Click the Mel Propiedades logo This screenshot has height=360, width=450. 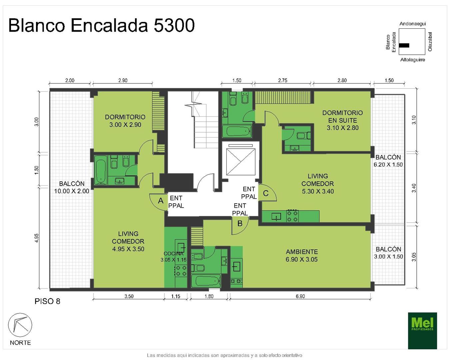click(422, 331)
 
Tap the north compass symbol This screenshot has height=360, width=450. click(20, 325)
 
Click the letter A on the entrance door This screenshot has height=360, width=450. click(161, 201)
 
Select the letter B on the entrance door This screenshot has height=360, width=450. click(240, 223)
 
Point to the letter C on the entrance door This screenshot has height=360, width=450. click(266, 193)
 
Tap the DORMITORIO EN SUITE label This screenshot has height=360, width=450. click(343, 120)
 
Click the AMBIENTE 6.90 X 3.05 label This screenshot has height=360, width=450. click(302, 255)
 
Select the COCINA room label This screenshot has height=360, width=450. click(173, 254)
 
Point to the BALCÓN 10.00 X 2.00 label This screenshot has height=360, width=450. click(72, 187)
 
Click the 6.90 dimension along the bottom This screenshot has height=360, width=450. click(300, 296)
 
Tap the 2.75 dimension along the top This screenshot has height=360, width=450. click(283, 80)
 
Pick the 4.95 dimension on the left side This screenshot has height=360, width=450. click(37, 238)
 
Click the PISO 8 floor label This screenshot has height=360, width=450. click(47, 301)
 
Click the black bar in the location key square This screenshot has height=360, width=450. click(404, 45)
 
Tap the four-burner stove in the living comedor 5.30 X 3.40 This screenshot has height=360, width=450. click(292, 216)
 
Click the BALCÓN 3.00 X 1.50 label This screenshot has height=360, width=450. click(388, 253)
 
